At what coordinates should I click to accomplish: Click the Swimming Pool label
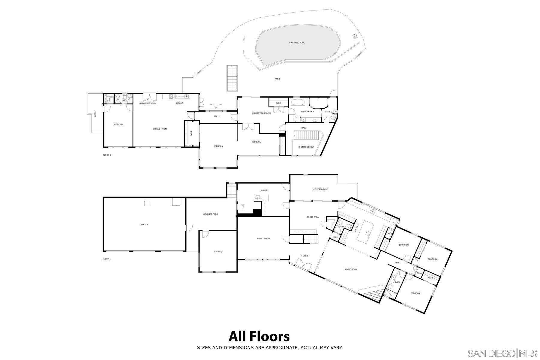(297, 43)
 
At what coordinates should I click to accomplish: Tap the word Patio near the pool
(277, 79)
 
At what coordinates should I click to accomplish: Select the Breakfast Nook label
(148, 103)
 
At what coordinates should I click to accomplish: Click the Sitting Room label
(160, 129)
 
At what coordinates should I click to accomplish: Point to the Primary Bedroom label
(261, 113)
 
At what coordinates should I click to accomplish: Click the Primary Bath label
(307, 112)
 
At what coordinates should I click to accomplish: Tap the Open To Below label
(306, 147)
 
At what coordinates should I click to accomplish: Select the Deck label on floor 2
(95, 114)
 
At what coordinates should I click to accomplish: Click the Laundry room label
(264, 190)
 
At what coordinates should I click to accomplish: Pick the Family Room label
(263, 238)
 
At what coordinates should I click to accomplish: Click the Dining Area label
(313, 217)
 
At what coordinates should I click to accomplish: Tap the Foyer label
(304, 256)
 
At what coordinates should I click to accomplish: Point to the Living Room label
(351, 269)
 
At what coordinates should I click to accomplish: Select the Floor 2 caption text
(107, 155)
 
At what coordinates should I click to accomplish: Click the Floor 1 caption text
(106, 259)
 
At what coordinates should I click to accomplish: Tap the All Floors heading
(259, 336)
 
